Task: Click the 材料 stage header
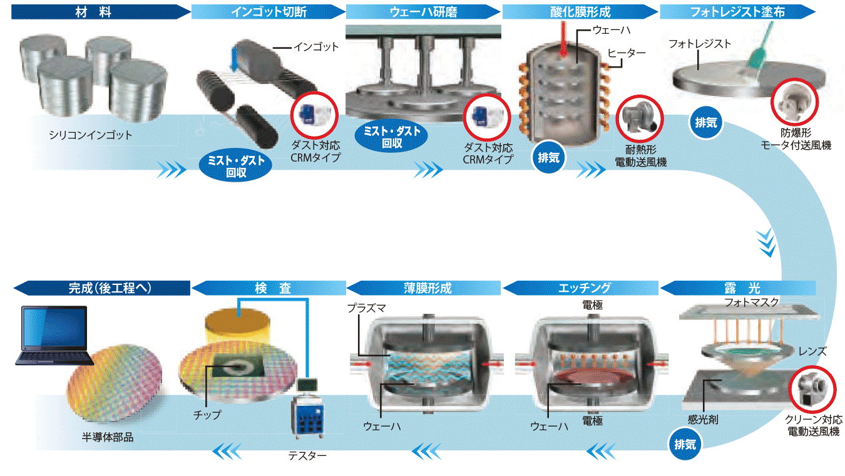pyautogui.click(x=101, y=12)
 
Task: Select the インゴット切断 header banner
pyautogui.click(x=269, y=12)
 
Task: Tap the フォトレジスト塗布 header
pyautogui.click(x=737, y=12)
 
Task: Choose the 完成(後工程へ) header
pyautogui.click(x=102, y=288)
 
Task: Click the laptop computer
pyautogui.click(x=54, y=335)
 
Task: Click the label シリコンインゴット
pyautogui.click(x=91, y=135)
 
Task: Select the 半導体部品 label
pyautogui.click(x=108, y=438)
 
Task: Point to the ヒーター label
pyautogui.click(x=627, y=53)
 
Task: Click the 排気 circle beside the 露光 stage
pyautogui.click(x=685, y=444)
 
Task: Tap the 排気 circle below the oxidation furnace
pyautogui.click(x=548, y=157)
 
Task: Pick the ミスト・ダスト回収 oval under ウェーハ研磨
pyautogui.click(x=392, y=137)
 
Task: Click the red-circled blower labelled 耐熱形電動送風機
pyautogui.click(x=640, y=119)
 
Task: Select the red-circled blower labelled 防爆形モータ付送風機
pyautogui.click(x=794, y=101)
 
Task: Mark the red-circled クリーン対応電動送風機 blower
pyautogui.click(x=812, y=389)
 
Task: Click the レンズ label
pyautogui.click(x=812, y=352)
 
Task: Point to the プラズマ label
pyautogui.click(x=367, y=308)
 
